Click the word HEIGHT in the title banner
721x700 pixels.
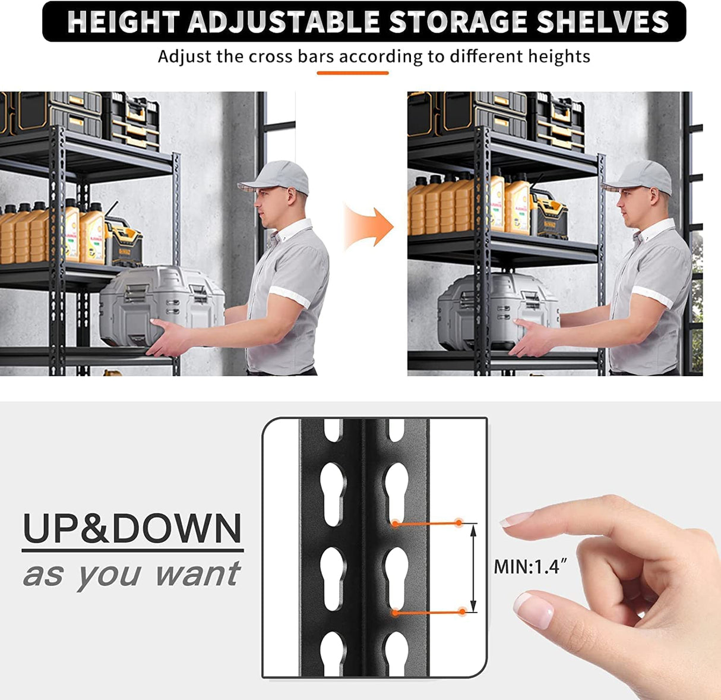(124, 22)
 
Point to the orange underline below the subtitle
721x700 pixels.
(352, 73)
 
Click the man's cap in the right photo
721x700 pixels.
(640, 176)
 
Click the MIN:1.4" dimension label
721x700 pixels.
(527, 566)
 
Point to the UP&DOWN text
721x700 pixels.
(132, 529)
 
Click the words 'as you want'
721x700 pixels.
(131, 575)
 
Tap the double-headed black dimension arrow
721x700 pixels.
(473, 567)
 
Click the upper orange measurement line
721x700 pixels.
(427, 524)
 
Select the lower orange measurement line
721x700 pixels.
(428, 611)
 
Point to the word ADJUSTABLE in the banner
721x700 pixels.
(284, 22)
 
